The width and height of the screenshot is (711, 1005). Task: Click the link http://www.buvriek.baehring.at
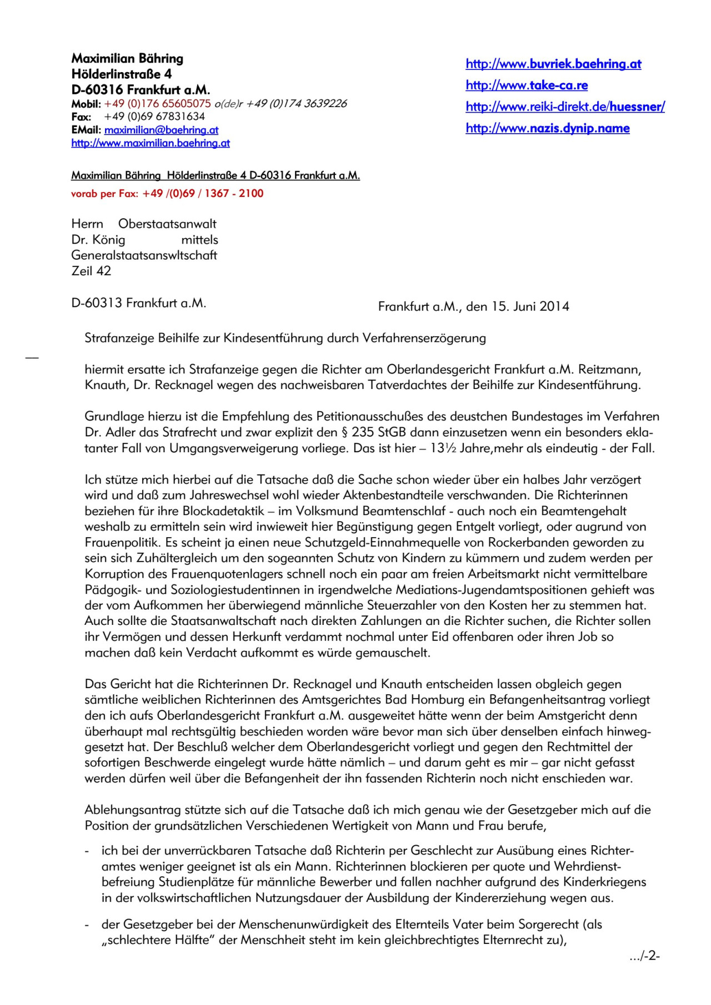click(553, 64)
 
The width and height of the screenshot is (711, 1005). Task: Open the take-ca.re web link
click(527, 85)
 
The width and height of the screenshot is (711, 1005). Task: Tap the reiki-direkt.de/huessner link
click(565, 107)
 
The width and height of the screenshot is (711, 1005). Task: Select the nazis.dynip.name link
click(548, 128)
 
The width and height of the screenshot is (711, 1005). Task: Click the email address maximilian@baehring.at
click(161, 130)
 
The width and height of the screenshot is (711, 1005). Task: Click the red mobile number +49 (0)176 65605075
click(157, 104)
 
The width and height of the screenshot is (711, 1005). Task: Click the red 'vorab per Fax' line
click(167, 194)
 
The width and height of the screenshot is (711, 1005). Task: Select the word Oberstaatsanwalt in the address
click(167, 224)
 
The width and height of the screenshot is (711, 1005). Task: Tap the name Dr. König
click(98, 240)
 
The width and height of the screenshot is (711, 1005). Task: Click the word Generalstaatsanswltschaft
click(144, 255)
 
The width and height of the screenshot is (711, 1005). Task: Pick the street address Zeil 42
click(91, 271)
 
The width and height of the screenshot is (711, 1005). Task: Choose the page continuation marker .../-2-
click(644, 956)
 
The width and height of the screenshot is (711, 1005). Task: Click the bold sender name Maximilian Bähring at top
click(127, 59)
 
